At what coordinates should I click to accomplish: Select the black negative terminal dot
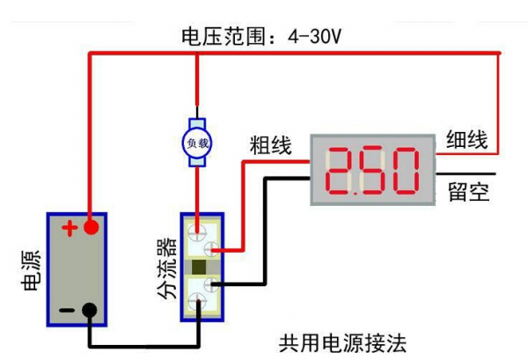[x=89, y=310]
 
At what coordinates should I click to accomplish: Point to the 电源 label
[x=27, y=271]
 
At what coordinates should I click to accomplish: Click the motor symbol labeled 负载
[x=196, y=141]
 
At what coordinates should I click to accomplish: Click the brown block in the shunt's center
[x=200, y=268]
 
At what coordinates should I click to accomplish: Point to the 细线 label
[x=467, y=138]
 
